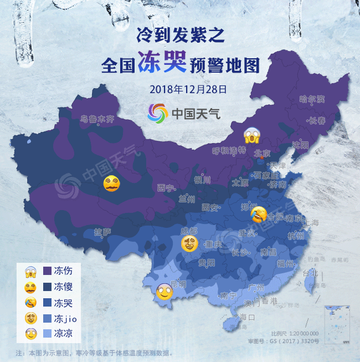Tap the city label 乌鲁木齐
click(x=97, y=119)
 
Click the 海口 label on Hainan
click(x=246, y=318)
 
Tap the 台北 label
click(x=310, y=272)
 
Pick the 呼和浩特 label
click(x=229, y=151)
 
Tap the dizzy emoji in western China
click(x=112, y=183)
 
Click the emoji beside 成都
click(x=190, y=243)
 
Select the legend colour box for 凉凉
click(x=46, y=334)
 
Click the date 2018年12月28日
click(x=181, y=89)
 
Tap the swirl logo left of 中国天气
click(x=157, y=113)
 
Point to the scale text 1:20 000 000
click(x=302, y=334)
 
